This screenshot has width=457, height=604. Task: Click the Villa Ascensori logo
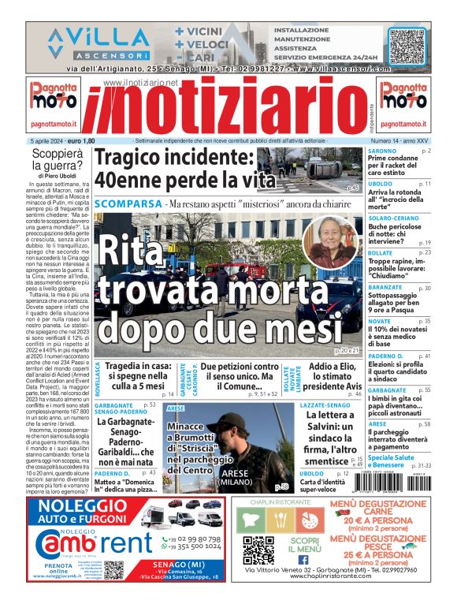tap(98, 42)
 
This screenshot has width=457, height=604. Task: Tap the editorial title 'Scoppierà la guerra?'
tap(57, 159)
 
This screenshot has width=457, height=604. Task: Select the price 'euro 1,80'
tap(76, 140)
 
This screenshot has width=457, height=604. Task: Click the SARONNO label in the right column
tap(382, 150)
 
